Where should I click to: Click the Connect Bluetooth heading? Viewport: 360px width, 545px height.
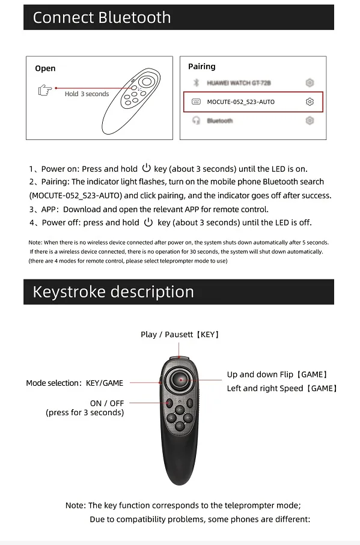tap(102, 17)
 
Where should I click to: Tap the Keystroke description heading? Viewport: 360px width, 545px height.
tap(113, 291)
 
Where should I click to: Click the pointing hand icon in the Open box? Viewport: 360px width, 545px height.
tap(45, 90)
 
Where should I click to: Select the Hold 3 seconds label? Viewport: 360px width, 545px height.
tap(87, 94)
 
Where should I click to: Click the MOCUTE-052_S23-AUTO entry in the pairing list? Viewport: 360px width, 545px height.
tap(241, 102)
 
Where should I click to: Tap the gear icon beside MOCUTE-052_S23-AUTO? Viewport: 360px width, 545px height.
tap(310, 102)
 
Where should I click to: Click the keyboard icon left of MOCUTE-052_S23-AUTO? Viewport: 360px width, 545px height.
tap(197, 102)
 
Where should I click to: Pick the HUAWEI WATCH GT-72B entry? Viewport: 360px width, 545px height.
tap(239, 83)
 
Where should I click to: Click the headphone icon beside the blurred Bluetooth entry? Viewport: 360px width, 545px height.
tap(197, 120)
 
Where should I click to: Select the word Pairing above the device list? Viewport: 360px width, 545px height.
tap(202, 66)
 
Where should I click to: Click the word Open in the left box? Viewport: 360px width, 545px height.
tap(45, 69)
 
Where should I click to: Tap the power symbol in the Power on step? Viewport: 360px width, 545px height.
tap(146, 168)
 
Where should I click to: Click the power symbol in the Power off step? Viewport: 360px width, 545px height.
tap(148, 222)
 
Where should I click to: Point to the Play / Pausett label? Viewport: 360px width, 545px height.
tap(180, 334)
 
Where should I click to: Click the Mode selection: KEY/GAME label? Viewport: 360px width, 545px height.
tap(75, 383)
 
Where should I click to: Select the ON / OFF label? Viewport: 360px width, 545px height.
tap(107, 403)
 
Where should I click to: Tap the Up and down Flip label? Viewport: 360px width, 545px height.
tap(277, 374)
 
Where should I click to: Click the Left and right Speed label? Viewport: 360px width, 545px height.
tap(282, 388)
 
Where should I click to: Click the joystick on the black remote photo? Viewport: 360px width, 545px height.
tap(181, 380)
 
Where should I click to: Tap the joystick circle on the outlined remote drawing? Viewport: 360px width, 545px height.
tap(147, 82)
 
